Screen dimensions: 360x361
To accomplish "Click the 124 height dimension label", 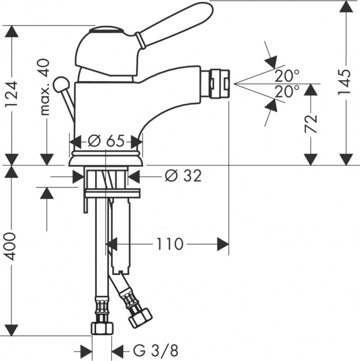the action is (x=11, y=94).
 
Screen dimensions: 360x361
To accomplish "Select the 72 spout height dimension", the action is (x=311, y=123).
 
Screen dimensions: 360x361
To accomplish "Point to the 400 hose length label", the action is (x=11, y=246).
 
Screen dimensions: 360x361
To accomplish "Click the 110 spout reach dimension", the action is (x=170, y=244).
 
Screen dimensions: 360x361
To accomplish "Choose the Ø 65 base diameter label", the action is (x=106, y=140).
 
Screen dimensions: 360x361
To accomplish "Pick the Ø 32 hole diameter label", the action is (x=183, y=176).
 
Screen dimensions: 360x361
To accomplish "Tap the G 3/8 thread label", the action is (x=156, y=351).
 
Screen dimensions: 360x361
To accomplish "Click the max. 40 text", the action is (x=44, y=87).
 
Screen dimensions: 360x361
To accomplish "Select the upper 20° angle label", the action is (x=287, y=76).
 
